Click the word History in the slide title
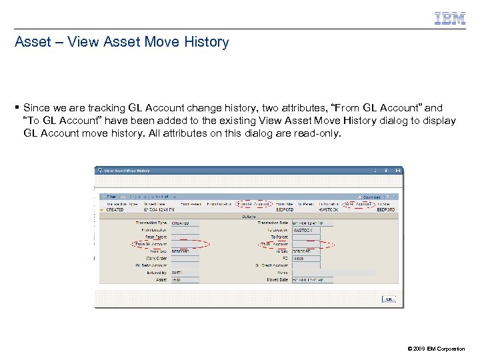(x=203, y=42)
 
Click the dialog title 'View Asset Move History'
(x=127, y=171)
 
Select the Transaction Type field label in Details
(x=152, y=223)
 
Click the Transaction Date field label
(x=272, y=223)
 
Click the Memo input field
(x=333, y=273)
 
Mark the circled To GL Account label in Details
(x=275, y=244)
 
